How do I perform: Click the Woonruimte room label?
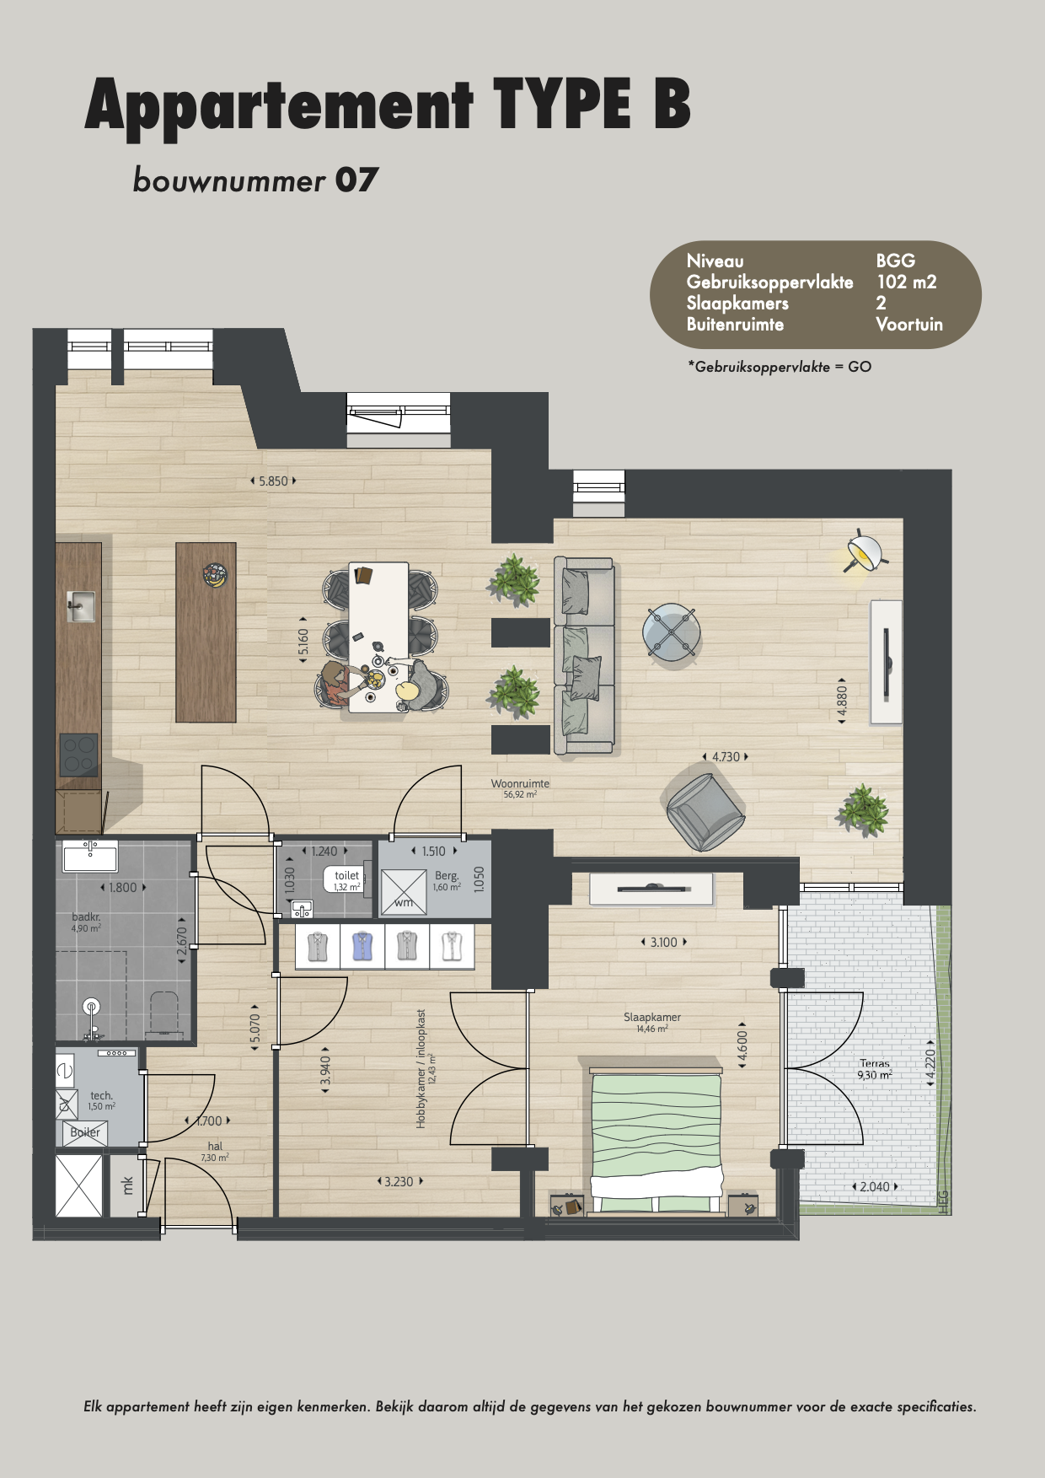[x=520, y=784]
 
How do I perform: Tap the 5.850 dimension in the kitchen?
[x=273, y=481]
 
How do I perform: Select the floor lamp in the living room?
[x=864, y=553]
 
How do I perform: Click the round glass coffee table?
[x=672, y=632]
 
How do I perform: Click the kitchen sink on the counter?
[x=81, y=606]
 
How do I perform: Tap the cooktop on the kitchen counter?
[x=78, y=755]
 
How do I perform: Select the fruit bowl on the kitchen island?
[x=215, y=575]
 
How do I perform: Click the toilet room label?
[x=346, y=876]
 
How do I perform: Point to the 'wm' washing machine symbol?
[x=404, y=903]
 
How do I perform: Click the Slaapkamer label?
[x=652, y=1018]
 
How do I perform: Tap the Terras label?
[x=875, y=1064]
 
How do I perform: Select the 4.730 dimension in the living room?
[x=726, y=757]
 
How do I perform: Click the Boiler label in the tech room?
[x=85, y=1132]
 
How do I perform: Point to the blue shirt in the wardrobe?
[x=362, y=946]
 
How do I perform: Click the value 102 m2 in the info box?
[x=907, y=282]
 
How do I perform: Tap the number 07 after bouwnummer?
[x=356, y=180]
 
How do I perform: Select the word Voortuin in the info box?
[x=909, y=325]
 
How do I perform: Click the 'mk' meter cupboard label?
[x=128, y=1185]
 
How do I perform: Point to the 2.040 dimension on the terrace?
[x=875, y=1187]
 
